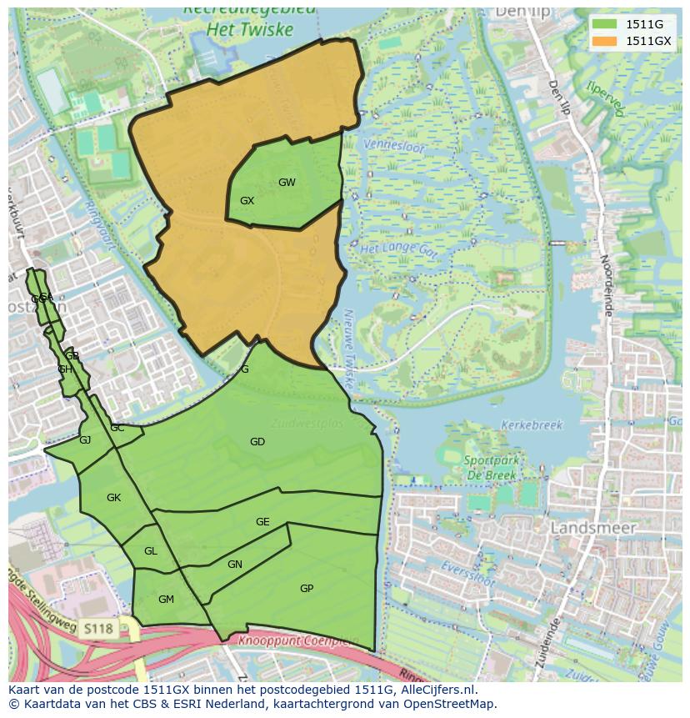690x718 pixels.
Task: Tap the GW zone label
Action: (287, 183)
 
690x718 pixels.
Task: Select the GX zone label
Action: (247, 201)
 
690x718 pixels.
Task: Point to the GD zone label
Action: (257, 442)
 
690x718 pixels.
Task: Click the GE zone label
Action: (262, 522)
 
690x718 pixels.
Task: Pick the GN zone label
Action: (235, 565)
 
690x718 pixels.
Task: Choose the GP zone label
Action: (307, 589)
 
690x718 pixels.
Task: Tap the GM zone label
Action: (166, 600)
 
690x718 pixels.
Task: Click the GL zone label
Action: (150, 551)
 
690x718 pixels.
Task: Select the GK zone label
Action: (114, 498)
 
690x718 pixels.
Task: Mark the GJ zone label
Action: (85, 440)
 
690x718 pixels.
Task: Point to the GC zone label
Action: (117, 428)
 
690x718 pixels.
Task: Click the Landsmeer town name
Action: (593, 528)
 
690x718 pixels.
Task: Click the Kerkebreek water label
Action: (532, 425)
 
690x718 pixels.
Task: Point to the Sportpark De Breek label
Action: (490, 467)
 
